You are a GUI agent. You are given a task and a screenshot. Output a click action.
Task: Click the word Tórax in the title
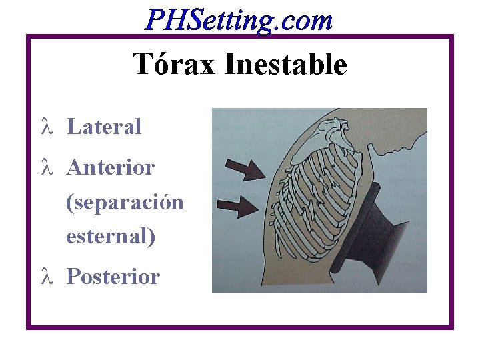click(x=175, y=65)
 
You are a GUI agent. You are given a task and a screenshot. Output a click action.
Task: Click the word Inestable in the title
click(x=286, y=65)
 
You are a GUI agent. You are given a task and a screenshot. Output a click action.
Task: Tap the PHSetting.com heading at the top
click(x=239, y=21)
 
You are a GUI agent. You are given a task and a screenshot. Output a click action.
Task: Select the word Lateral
click(x=104, y=127)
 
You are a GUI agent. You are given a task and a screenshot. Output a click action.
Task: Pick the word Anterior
click(x=111, y=167)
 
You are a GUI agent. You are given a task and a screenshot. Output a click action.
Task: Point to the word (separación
click(x=125, y=202)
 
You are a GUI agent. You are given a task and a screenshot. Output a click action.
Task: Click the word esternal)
click(x=111, y=236)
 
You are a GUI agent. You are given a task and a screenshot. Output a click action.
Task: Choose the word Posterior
click(x=113, y=276)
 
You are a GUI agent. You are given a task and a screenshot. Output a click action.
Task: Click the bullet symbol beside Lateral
click(x=46, y=127)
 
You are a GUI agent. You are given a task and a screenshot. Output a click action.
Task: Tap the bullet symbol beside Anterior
click(x=46, y=167)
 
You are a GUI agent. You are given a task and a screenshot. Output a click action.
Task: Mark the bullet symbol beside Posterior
click(x=46, y=276)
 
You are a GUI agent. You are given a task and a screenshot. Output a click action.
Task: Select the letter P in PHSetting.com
click(x=155, y=21)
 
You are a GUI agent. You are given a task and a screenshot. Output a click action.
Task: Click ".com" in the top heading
click(x=306, y=21)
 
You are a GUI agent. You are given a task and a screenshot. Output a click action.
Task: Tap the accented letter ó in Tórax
click(x=164, y=65)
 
